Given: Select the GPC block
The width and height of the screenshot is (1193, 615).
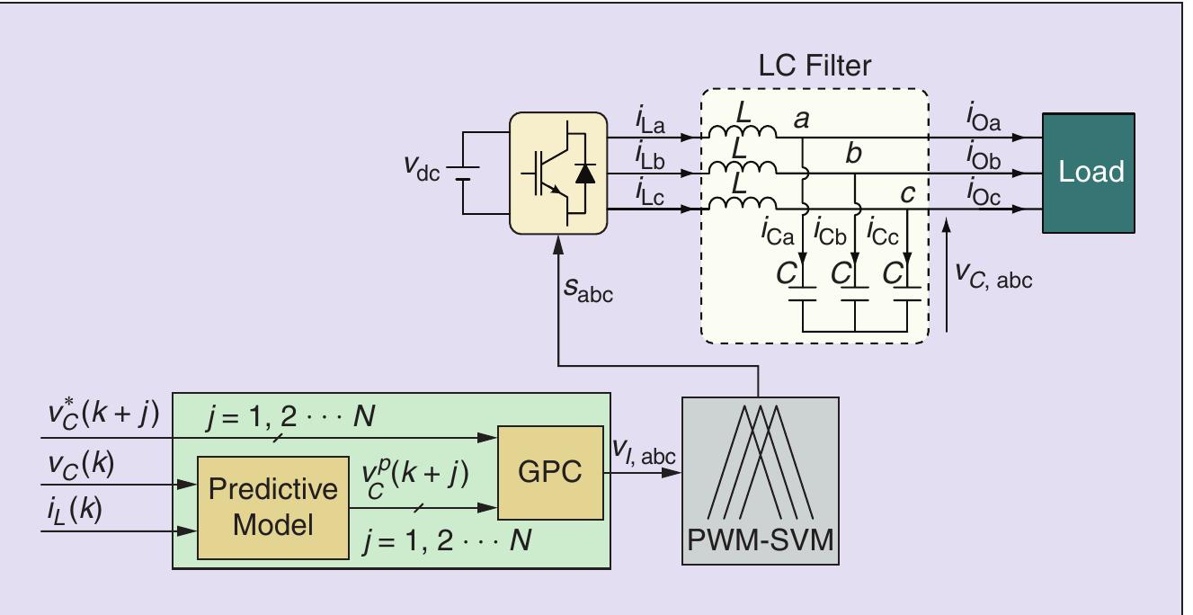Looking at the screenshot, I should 549,472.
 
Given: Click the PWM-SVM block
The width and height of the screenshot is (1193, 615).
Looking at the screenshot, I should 760,481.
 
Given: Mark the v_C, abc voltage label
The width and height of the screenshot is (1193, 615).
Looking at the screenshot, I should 992,278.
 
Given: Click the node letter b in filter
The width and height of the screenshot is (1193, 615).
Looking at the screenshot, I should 853,155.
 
